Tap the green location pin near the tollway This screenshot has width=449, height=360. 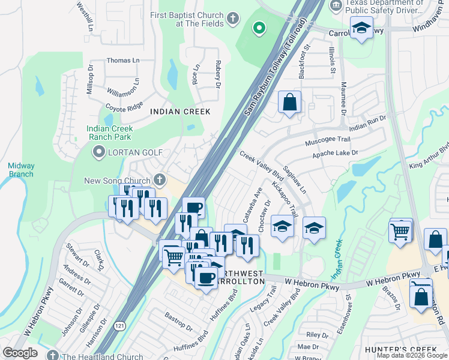pos(259,28)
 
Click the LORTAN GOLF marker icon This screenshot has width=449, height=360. pos(98,152)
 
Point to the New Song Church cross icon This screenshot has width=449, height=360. pos(159,179)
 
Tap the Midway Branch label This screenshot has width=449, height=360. pos(21,170)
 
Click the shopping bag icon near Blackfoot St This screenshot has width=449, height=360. pos(289,103)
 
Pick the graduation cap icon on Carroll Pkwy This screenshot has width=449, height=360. pos(361,28)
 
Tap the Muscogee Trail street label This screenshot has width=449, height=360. pos(327,139)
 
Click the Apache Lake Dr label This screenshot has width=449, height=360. pos(335,154)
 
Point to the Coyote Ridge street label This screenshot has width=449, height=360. pos(125,106)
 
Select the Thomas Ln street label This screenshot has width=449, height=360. pos(122,61)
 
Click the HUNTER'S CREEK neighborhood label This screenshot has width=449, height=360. pos(393,349)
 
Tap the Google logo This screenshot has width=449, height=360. pos(20,353)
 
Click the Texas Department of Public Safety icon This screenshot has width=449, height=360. pos(336,5)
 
